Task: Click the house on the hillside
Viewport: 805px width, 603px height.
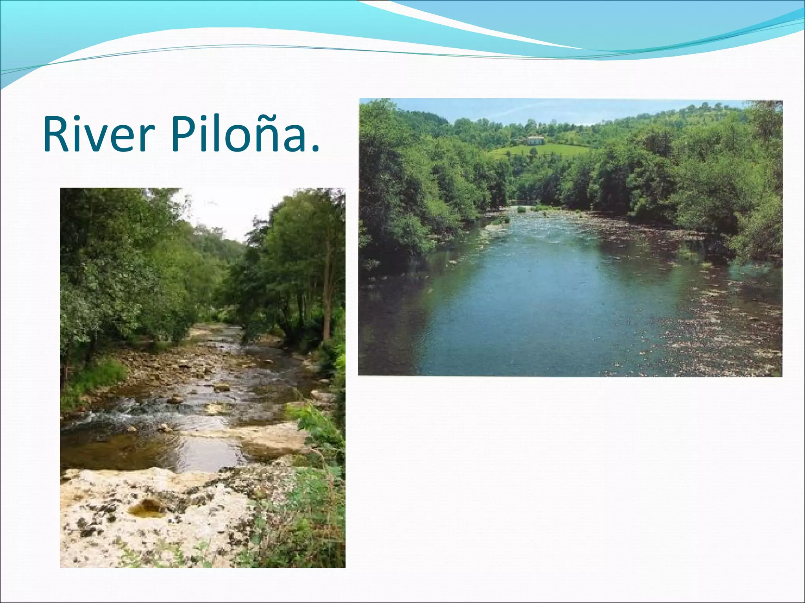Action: (535, 140)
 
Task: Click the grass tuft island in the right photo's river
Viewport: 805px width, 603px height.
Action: (521, 209)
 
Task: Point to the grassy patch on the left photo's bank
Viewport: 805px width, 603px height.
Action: (94, 377)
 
